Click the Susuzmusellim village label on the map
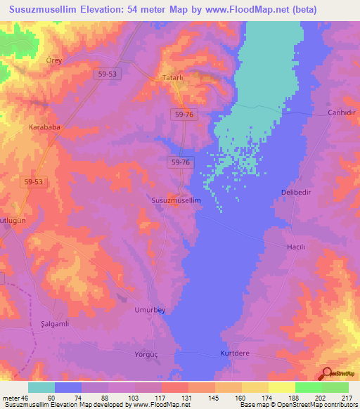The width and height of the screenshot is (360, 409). point(176,200)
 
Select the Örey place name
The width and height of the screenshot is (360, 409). point(54,60)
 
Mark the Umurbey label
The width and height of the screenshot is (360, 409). point(148,309)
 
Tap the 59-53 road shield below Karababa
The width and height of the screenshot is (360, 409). point(32,181)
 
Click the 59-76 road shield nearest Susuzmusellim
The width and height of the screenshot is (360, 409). point(181,162)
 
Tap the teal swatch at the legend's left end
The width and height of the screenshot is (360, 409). point(41,387)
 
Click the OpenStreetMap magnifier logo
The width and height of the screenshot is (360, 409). point(327,375)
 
